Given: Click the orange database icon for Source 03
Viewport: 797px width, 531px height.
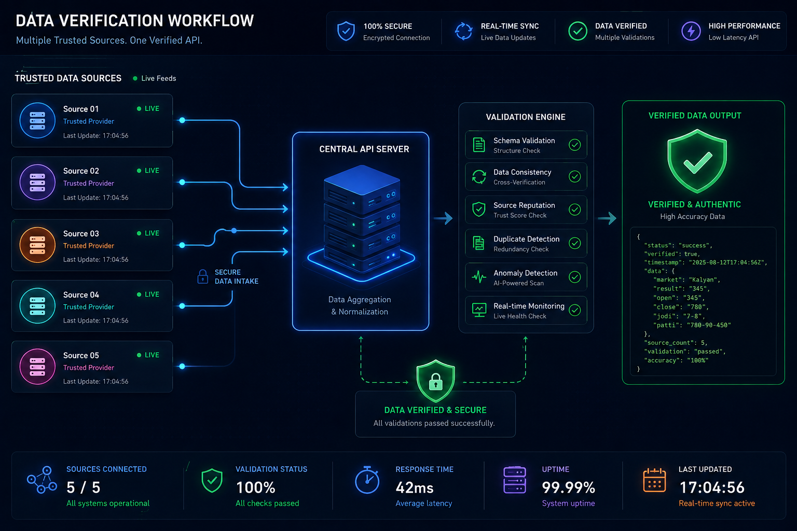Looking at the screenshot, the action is (37, 245).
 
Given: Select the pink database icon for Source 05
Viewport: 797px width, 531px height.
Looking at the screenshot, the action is (37, 367).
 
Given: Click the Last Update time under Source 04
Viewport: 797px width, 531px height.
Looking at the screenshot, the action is (95, 320).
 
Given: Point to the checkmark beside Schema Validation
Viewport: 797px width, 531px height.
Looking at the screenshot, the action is (574, 145).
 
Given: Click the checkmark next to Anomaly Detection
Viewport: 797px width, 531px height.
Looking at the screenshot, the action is (574, 277).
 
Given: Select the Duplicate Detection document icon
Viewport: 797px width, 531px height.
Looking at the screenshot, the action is (478, 243).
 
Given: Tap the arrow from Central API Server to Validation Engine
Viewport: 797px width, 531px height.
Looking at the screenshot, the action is (443, 218).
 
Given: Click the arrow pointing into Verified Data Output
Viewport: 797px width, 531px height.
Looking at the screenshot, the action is (607, 218).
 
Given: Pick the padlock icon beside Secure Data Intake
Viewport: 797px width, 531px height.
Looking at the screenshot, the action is (203, 276).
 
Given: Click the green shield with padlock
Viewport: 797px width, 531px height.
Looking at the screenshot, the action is (435, 381).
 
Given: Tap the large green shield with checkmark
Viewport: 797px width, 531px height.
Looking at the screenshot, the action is (697, 161).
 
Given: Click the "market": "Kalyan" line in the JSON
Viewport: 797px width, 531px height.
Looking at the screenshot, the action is (686, 280).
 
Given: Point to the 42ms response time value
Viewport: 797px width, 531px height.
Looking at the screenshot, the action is (415, 487).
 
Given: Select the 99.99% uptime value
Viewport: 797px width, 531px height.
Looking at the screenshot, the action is (568, 487).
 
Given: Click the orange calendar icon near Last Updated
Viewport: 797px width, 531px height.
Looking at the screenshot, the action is (654, 481).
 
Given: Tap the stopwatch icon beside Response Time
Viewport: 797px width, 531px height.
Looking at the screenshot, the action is (367, 480).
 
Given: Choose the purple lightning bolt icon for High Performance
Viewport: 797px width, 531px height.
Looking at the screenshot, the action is (691, 31).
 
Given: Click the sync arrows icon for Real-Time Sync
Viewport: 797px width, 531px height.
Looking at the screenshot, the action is (463, 31).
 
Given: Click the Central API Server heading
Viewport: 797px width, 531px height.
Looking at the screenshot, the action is (364, 149).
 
